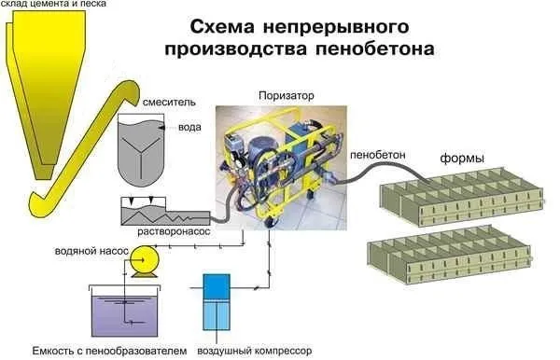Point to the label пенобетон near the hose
pos(375,151)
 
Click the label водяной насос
pos(81,250)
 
